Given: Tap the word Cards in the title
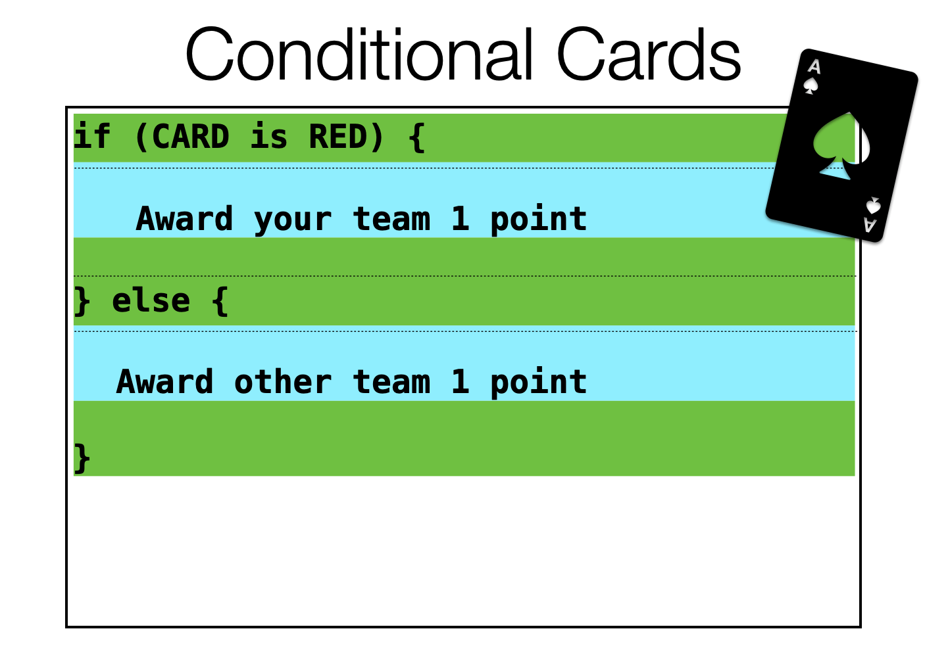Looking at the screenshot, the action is (649, 53).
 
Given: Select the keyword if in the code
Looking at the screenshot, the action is (92, 135).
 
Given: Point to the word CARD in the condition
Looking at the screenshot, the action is (190, 136).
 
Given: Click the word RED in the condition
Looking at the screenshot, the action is (338, 136).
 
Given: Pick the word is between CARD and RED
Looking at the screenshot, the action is (268, 135).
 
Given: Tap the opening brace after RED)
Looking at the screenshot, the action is (416, 138).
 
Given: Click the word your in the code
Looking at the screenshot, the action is (292, 220).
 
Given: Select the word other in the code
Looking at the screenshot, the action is (282, 381).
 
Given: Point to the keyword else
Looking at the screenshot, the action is (151, 300).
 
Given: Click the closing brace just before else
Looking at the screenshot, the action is (82, 302).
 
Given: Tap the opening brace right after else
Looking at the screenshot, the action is (220, 302).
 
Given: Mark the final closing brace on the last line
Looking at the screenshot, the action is (82, 458).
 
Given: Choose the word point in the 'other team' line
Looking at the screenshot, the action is (538, 383).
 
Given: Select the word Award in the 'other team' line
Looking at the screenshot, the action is (164, 381).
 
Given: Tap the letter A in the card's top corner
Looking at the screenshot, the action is (814, 66).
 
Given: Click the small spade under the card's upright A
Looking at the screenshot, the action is (811, 86).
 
